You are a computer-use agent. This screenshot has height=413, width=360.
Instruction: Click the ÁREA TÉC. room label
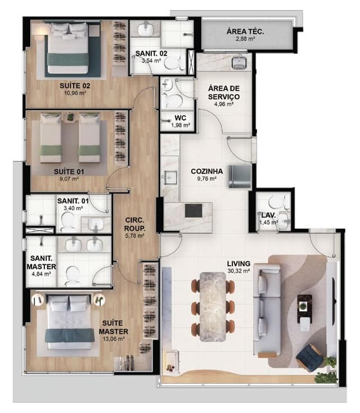coord(245,31)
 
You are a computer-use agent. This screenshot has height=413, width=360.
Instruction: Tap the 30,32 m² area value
coord(238,271)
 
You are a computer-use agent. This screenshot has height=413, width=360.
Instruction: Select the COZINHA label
coord(207,171)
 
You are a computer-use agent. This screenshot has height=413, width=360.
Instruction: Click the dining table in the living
coord(213,307)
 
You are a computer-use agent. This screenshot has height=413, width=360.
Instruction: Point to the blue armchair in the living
coord(310,358)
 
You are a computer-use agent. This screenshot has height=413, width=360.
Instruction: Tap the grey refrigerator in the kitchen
coord(240,176)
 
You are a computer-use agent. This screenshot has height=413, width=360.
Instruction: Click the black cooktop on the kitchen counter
coord(193,211)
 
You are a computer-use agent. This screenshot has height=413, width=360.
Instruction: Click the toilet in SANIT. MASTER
coord(72,276)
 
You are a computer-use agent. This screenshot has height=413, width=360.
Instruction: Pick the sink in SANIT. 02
coord(145,29)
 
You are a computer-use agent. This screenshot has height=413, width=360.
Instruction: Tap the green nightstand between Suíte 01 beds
coord(70,117)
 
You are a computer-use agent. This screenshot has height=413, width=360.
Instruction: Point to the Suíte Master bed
coord(70,323)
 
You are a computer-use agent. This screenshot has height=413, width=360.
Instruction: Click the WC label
coord(181,118)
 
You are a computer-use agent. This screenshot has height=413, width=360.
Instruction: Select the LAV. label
coord(268,215)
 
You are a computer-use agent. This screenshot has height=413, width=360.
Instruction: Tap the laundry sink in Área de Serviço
coord(239,62)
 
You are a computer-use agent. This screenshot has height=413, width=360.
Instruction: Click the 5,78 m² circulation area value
coord(134,236)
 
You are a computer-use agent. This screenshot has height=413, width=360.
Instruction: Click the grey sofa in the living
coord(267,309)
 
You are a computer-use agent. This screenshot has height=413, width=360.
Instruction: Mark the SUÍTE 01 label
coord(69,172)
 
